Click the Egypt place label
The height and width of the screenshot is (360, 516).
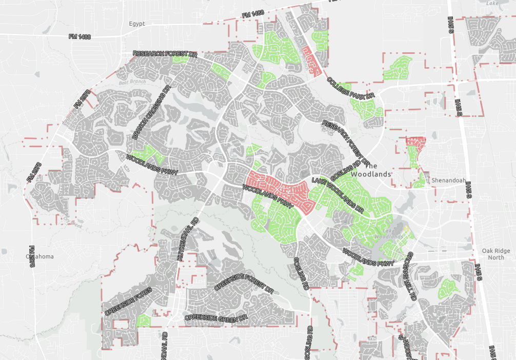tap(137, 24)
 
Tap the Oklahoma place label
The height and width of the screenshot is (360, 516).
tap(39, 256)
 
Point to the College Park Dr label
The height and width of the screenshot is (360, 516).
tap(351, 89)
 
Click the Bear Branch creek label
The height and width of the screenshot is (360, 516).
tap(132, 82)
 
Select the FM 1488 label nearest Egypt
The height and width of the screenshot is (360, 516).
tap(80, 37)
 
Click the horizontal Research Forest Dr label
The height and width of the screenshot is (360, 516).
tap(165, 53)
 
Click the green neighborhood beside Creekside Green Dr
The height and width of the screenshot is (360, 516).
tap(143, 321)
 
